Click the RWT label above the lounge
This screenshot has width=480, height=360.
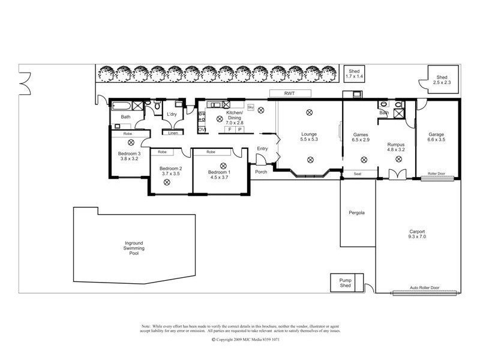[x=290, y=93]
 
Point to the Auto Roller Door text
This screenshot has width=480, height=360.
[x=424, y=288]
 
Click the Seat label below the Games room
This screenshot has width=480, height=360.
[x=357, y=174]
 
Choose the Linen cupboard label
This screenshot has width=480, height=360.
[x=173, y=133]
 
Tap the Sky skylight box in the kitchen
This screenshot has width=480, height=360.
[x=251, y=107]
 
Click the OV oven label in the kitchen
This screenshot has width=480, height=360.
[x=202, y=130]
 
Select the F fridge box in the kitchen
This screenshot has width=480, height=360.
[x=229, y=129]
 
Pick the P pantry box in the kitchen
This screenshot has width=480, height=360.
[x=239, y=129]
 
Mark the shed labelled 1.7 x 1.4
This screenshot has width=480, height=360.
[x=354, y=74]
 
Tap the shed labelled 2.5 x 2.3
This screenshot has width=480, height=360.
[x=442, y=80]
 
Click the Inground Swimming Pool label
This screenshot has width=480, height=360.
[x=130, y=248]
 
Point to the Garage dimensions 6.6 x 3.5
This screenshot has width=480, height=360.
[x=436, y=140]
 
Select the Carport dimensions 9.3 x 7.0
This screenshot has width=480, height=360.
[x=417, y=237]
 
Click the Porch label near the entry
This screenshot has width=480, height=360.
[x=261, y=172]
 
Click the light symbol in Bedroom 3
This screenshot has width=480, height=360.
[x=131, y=143]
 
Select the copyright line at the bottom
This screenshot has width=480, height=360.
[x=246, y=339]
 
